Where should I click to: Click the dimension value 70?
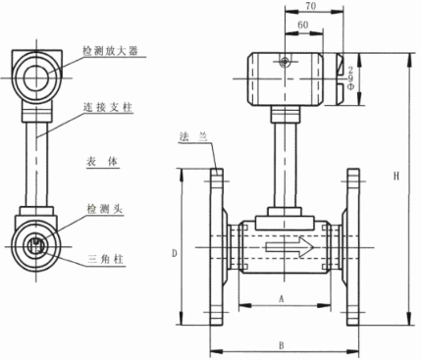(311, 6)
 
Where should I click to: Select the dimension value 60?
(303, 25)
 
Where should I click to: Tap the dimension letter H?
(396, 177)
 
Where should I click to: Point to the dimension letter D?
(175, 253)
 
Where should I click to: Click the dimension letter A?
(282, 298)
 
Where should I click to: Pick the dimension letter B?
(282, 345)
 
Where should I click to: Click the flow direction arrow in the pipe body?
(289, 247)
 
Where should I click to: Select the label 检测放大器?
(111, 51)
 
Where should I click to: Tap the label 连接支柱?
(108, 107)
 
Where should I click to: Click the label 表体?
(102, 162)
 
